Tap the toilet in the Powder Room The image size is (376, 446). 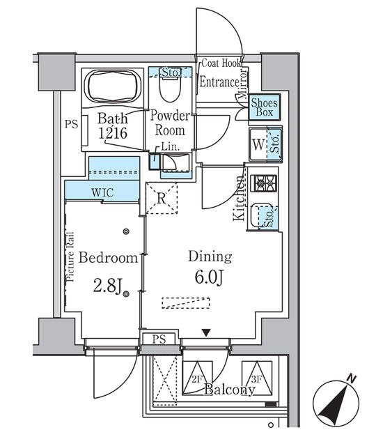[x=169, y=91]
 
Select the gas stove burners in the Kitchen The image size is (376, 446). [x=264, y=184]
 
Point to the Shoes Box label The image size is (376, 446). [x=265, y=108]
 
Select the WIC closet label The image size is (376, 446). [x=102, y=192]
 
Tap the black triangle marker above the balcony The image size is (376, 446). [x=205, y=333]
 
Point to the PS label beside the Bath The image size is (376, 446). [x=71, y=125]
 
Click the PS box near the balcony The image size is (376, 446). [x=159, y=339]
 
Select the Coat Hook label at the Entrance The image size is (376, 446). [x=221, y=63]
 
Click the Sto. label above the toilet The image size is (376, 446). [x=170, y=72]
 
